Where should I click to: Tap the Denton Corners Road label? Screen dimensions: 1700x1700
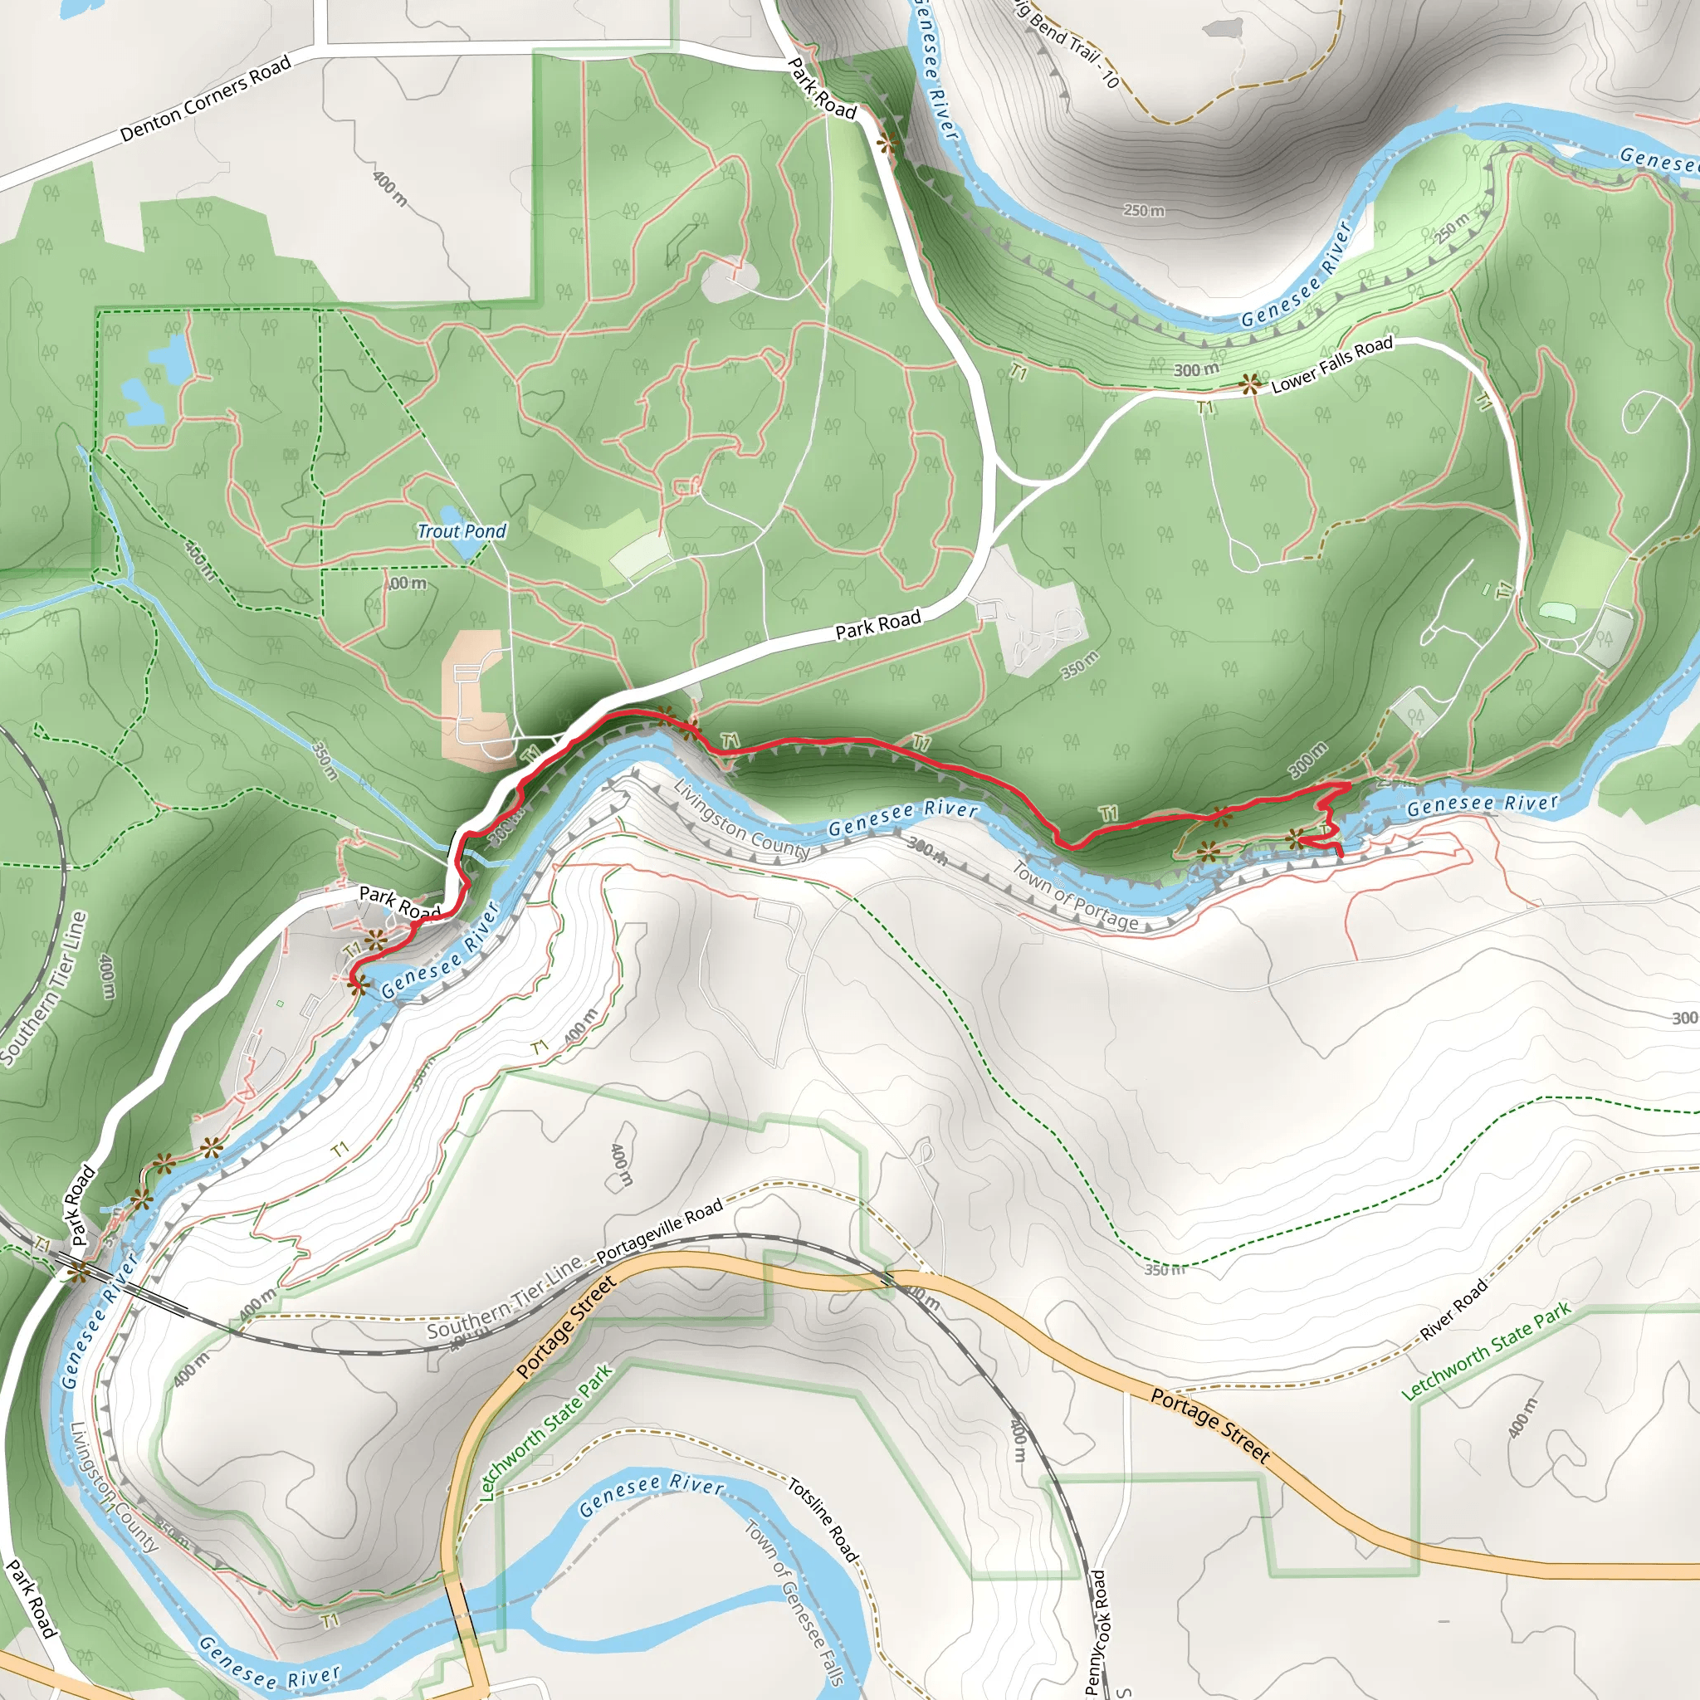click(x=205, y=100)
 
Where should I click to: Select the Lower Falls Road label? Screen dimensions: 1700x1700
click(x=1332, y=364)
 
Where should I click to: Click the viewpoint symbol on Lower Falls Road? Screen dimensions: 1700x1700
click(x=1249, y=383)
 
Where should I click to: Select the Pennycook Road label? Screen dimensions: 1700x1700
click(x=1097, y=1632)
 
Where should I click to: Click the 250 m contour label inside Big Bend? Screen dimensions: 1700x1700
click(x=1144, y=211)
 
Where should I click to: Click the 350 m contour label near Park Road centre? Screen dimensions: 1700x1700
click(x=1080, y=666)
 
